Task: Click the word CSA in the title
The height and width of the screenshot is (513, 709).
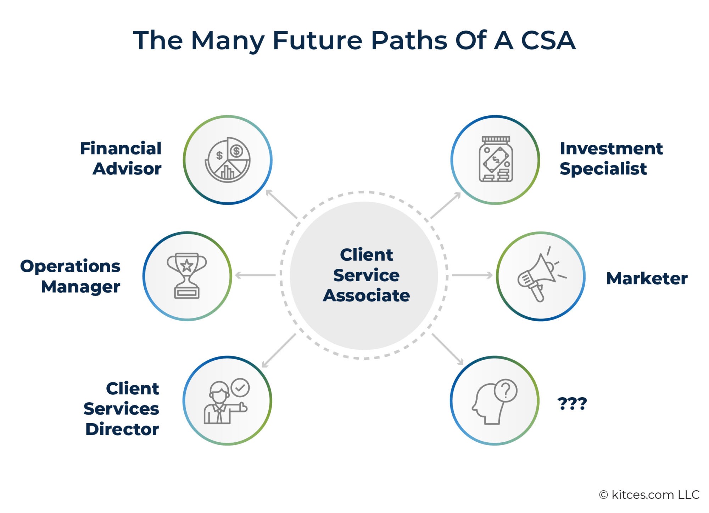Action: point(548,40)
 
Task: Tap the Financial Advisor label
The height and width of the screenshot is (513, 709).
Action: point(121,158)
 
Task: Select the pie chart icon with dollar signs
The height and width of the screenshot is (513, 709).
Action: point(228,160)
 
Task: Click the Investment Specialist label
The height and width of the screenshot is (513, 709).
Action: point(611,158)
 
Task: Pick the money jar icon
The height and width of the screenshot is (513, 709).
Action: point(496,160)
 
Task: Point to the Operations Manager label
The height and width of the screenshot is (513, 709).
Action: point(70,276)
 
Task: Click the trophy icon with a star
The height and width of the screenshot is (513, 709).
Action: point(187,276)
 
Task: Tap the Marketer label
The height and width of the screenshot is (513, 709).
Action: point(647,278)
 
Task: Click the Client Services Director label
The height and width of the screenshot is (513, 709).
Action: point(122,409)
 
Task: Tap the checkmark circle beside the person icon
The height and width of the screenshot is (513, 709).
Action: point(240,388)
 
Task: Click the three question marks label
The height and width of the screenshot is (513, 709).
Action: point(572,404)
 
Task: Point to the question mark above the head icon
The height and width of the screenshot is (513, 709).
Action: point(506,391)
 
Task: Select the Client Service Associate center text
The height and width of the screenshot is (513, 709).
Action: point(366,275)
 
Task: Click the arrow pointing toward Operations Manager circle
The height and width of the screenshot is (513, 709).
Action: point(255,275)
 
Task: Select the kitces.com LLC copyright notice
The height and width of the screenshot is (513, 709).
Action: point(649,495)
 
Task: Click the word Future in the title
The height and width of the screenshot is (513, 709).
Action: point(317,40)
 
